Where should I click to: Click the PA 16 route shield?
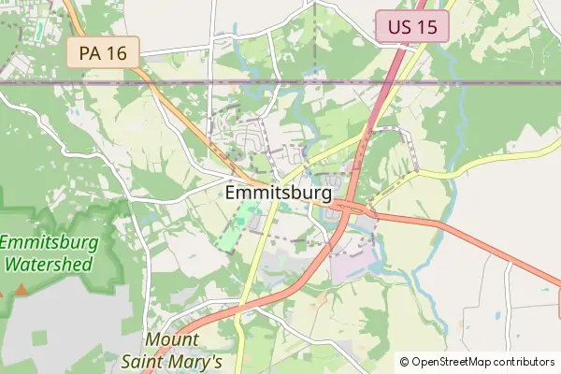(x=103, y=52)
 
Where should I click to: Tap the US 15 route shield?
(x=412, y=26)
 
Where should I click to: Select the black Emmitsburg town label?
(x=279, y=194)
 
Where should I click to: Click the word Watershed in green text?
(x=49, y=264)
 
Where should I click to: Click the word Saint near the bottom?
(x=146, y=361)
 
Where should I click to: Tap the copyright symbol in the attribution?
(x=405, y=362)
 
